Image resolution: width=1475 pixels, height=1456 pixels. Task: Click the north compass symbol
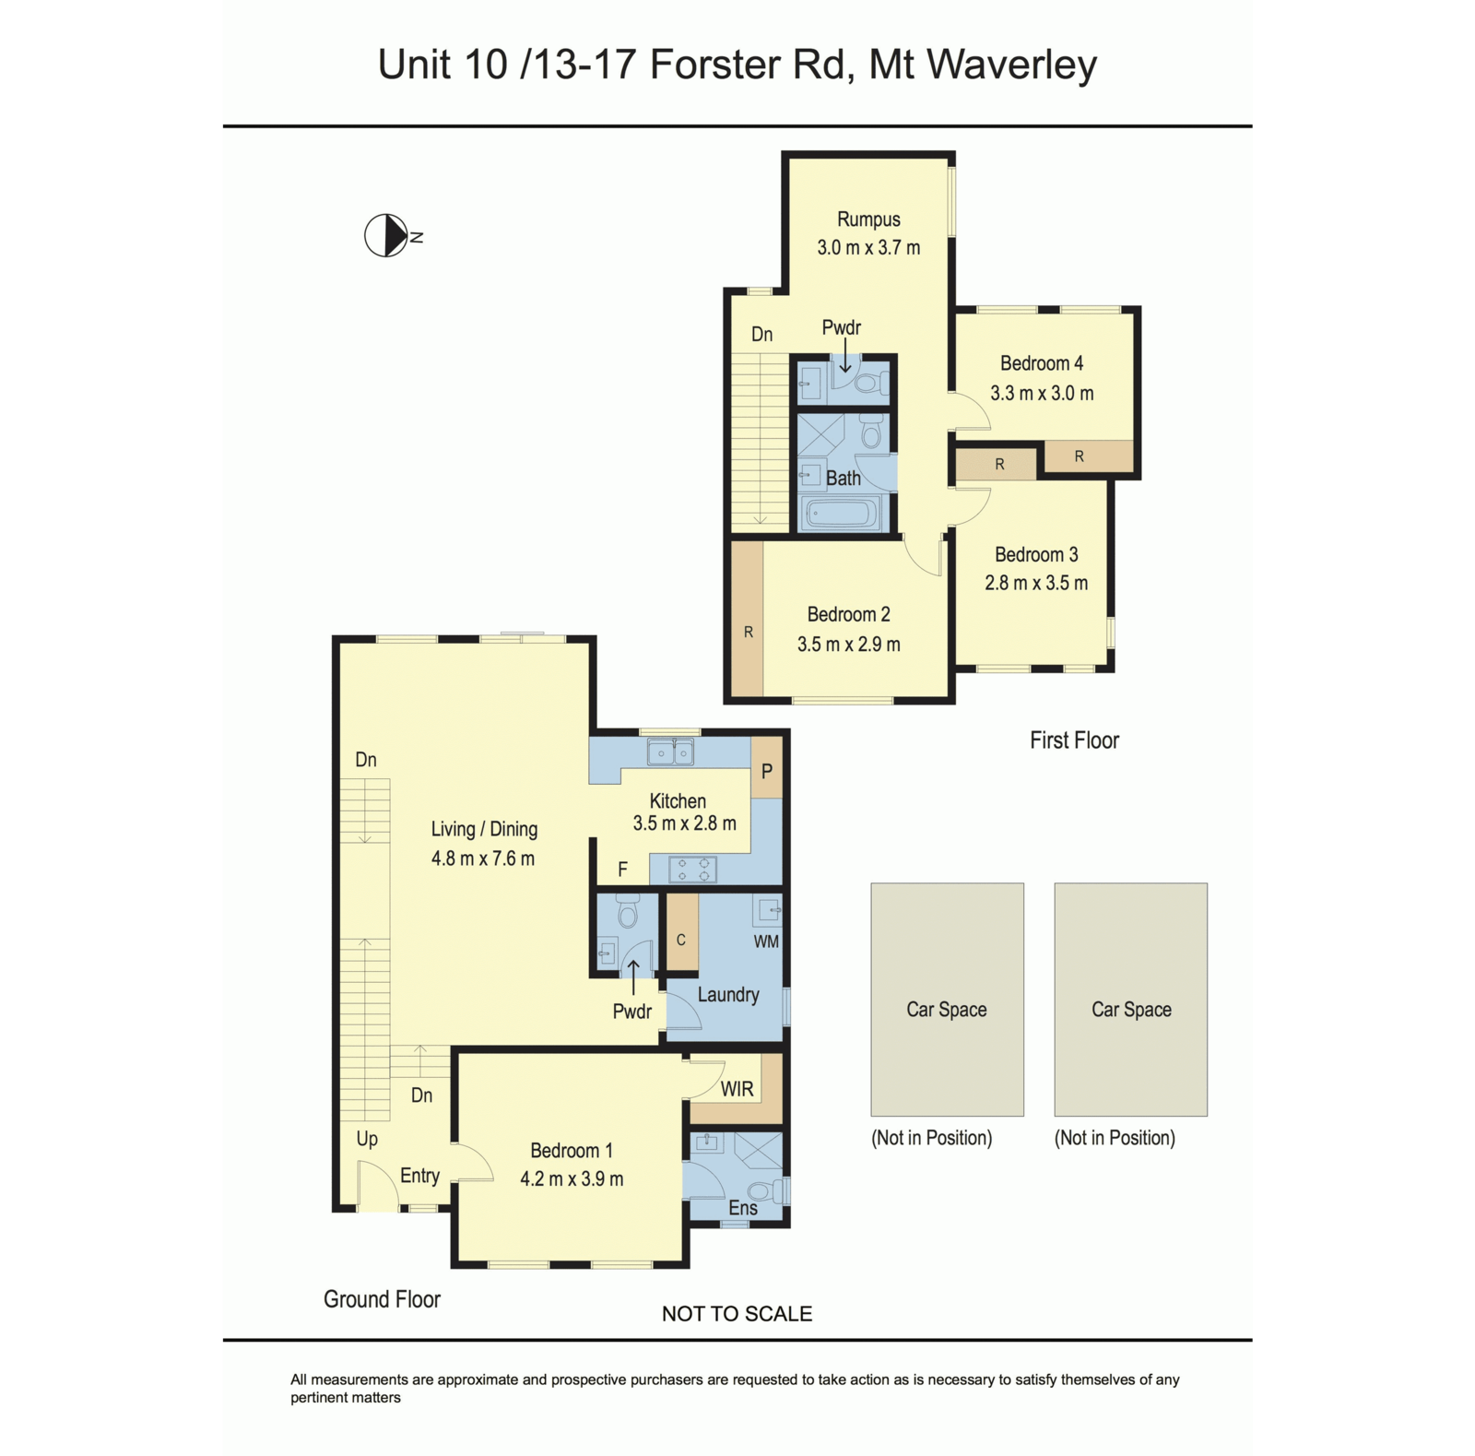click(x=387, y=235)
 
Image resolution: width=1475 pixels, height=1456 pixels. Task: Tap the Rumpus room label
click(x=868, y=219)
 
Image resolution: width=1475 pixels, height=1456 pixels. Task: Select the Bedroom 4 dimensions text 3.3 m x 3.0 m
click(x=1042, y=394)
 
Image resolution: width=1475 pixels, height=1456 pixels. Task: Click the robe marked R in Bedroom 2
click(x=748, y=632)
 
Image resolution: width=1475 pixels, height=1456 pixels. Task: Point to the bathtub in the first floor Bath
click(x=840, y=514)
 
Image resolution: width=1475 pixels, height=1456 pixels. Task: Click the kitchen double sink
click(x=670, y=753)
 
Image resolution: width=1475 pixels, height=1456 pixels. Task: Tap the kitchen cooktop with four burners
click(x=692, y=870)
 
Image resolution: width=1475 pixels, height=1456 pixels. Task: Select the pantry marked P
click(x=766, y=771)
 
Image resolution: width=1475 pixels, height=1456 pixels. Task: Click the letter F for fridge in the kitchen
click(x=622, y=869)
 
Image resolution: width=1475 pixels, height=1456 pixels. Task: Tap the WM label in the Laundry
click(x=766, y=941)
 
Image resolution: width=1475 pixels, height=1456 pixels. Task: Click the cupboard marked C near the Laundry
click(x=681, y=940)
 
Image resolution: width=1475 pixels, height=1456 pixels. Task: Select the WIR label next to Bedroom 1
click(x=737, y=1089)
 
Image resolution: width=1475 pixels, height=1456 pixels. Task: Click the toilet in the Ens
click(x=766, y=1191)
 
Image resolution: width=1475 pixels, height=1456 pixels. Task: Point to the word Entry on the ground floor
click(x=419, y=1176)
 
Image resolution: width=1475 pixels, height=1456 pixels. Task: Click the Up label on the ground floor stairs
click(x=367, y=1139)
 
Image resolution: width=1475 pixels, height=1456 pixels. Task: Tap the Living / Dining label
click(x=484, y=829)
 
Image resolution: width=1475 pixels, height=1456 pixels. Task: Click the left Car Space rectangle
click(x=947, y=1000)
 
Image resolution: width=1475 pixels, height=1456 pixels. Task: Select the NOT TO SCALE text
click(x=737, y=1314)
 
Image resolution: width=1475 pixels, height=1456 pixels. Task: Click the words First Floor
click(x=1074, y=740)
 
